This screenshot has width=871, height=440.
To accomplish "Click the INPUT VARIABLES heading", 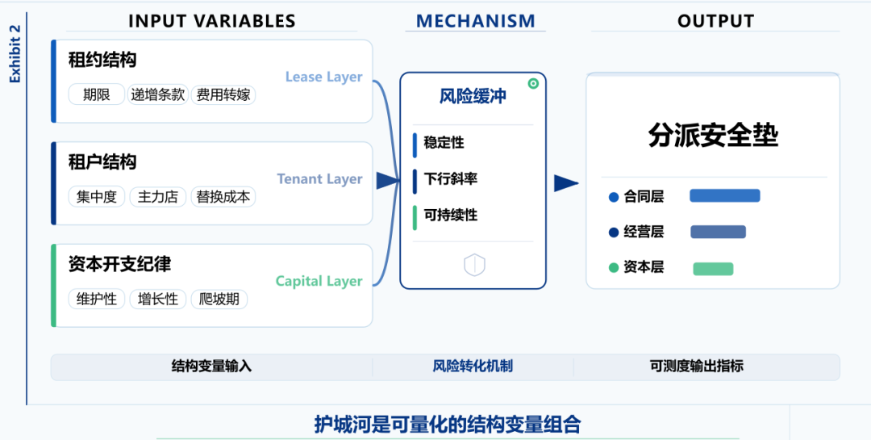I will pos(212,21).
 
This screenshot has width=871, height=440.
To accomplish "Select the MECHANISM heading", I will pos(475,21).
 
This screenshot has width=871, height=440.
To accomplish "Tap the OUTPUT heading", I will pos(715,21).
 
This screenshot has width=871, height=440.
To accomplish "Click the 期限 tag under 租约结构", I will pos(96,94).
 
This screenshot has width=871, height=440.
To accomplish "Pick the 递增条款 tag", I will pos(158,94).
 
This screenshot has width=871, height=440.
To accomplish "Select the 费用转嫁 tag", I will pos(223,94).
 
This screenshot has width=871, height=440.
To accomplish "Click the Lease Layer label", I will pos(323,77).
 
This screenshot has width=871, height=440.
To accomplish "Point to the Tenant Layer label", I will pos(319,179).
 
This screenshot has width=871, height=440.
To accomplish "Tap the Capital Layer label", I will pos(319,281).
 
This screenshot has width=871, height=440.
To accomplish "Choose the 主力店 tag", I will pos(158,197).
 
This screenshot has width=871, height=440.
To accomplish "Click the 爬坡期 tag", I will pos(219,300).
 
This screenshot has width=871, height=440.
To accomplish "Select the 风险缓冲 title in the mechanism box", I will pos(473,97).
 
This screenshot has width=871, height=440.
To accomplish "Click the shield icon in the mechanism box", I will pos(473,265).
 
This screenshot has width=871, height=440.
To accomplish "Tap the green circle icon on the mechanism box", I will pos(533,83).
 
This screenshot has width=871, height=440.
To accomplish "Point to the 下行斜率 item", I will pos(450,179).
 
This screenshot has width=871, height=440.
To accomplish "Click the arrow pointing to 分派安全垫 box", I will pos(565,183).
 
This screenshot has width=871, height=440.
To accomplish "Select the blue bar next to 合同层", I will pos(724,195).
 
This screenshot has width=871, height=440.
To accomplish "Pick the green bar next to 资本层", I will pos(713,268).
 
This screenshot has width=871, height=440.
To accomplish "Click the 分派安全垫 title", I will pos(713,135).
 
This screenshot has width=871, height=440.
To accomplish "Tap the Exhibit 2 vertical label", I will pos(15,53).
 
